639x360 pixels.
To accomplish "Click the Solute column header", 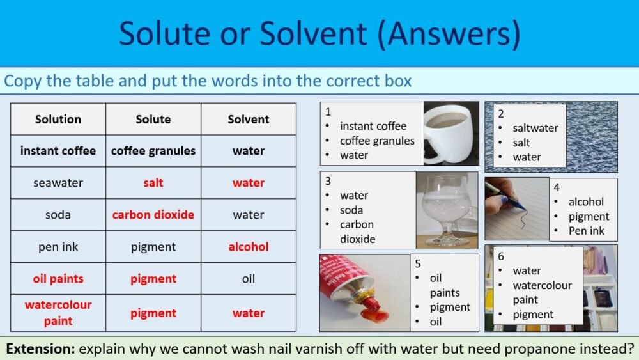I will coord(153,119).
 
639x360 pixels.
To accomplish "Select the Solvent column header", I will coord(249,119).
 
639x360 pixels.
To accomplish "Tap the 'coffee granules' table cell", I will coord(153,151).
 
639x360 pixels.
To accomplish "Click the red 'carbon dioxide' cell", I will coord(153,215).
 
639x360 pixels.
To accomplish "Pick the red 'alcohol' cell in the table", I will coord(249,247).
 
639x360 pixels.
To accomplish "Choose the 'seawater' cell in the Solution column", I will coord(58,183).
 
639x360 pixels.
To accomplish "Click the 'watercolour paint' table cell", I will coord(58,313).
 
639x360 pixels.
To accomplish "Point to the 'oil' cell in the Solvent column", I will coord(249,279).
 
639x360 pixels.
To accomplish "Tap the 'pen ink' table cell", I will coord(58,247).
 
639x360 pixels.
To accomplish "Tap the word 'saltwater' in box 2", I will coord(535,128).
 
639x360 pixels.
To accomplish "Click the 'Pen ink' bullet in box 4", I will coord(587,231).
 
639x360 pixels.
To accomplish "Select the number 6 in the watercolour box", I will coord(501,256).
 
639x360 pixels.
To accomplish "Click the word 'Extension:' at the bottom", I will coord(41,349).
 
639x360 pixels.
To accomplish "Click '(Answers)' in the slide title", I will coord(448,33).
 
